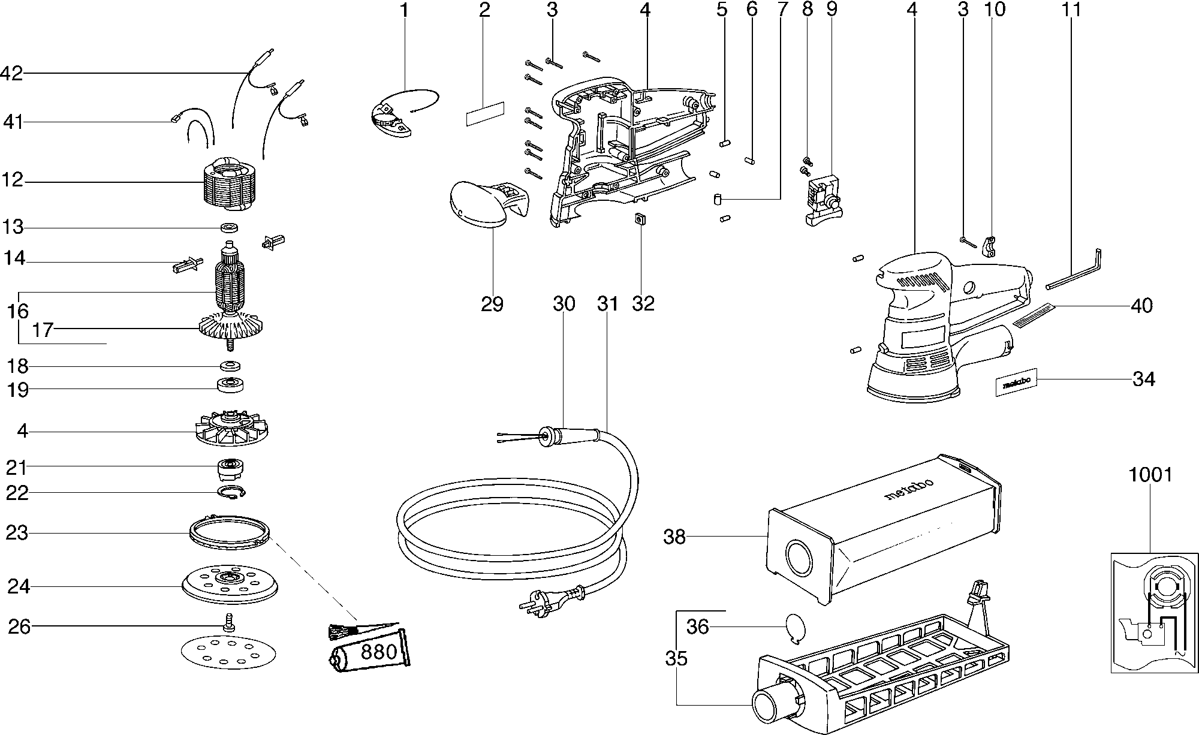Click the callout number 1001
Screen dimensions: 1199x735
tap(1150, 475)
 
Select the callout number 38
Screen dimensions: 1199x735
tap(674, 537)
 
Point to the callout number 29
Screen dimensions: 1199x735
tap(492, 304)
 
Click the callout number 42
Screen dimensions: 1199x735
tap(12, 73)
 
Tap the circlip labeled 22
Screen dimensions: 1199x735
tap(231, 493)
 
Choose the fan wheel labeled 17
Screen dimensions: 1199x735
tap(231, 329)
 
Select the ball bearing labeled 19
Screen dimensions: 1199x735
tap(231, 385)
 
